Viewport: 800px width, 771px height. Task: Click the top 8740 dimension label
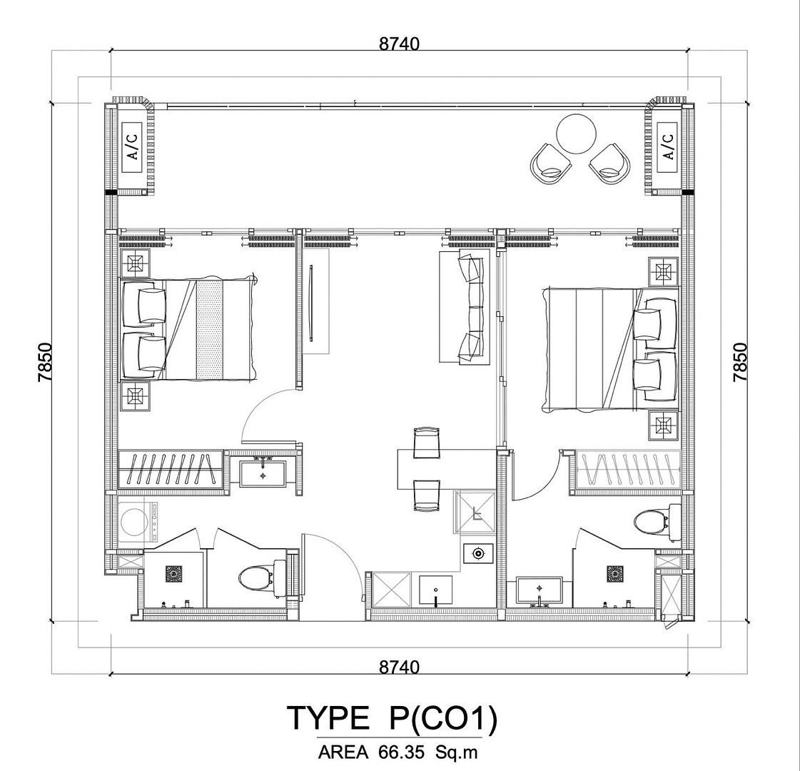[x=399, y=44]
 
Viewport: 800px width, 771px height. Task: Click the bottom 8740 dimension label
[x=399, y=666]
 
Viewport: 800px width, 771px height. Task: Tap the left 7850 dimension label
[x=46, y=362]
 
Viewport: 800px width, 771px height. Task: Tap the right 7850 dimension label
[x=740, y=362]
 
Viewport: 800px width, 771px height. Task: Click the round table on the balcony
[x=576, y=133]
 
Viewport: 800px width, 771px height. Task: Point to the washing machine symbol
[x=138, y=522]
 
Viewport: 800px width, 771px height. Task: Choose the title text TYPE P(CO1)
[x=392, y=718]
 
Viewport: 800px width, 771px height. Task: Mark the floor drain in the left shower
[x=174, y=573]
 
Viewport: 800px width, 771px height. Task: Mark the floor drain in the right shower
[x=615, y=573]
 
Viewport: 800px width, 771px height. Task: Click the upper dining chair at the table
[x=427, y=443]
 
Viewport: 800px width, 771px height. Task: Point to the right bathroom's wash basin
[x=540, y=591]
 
